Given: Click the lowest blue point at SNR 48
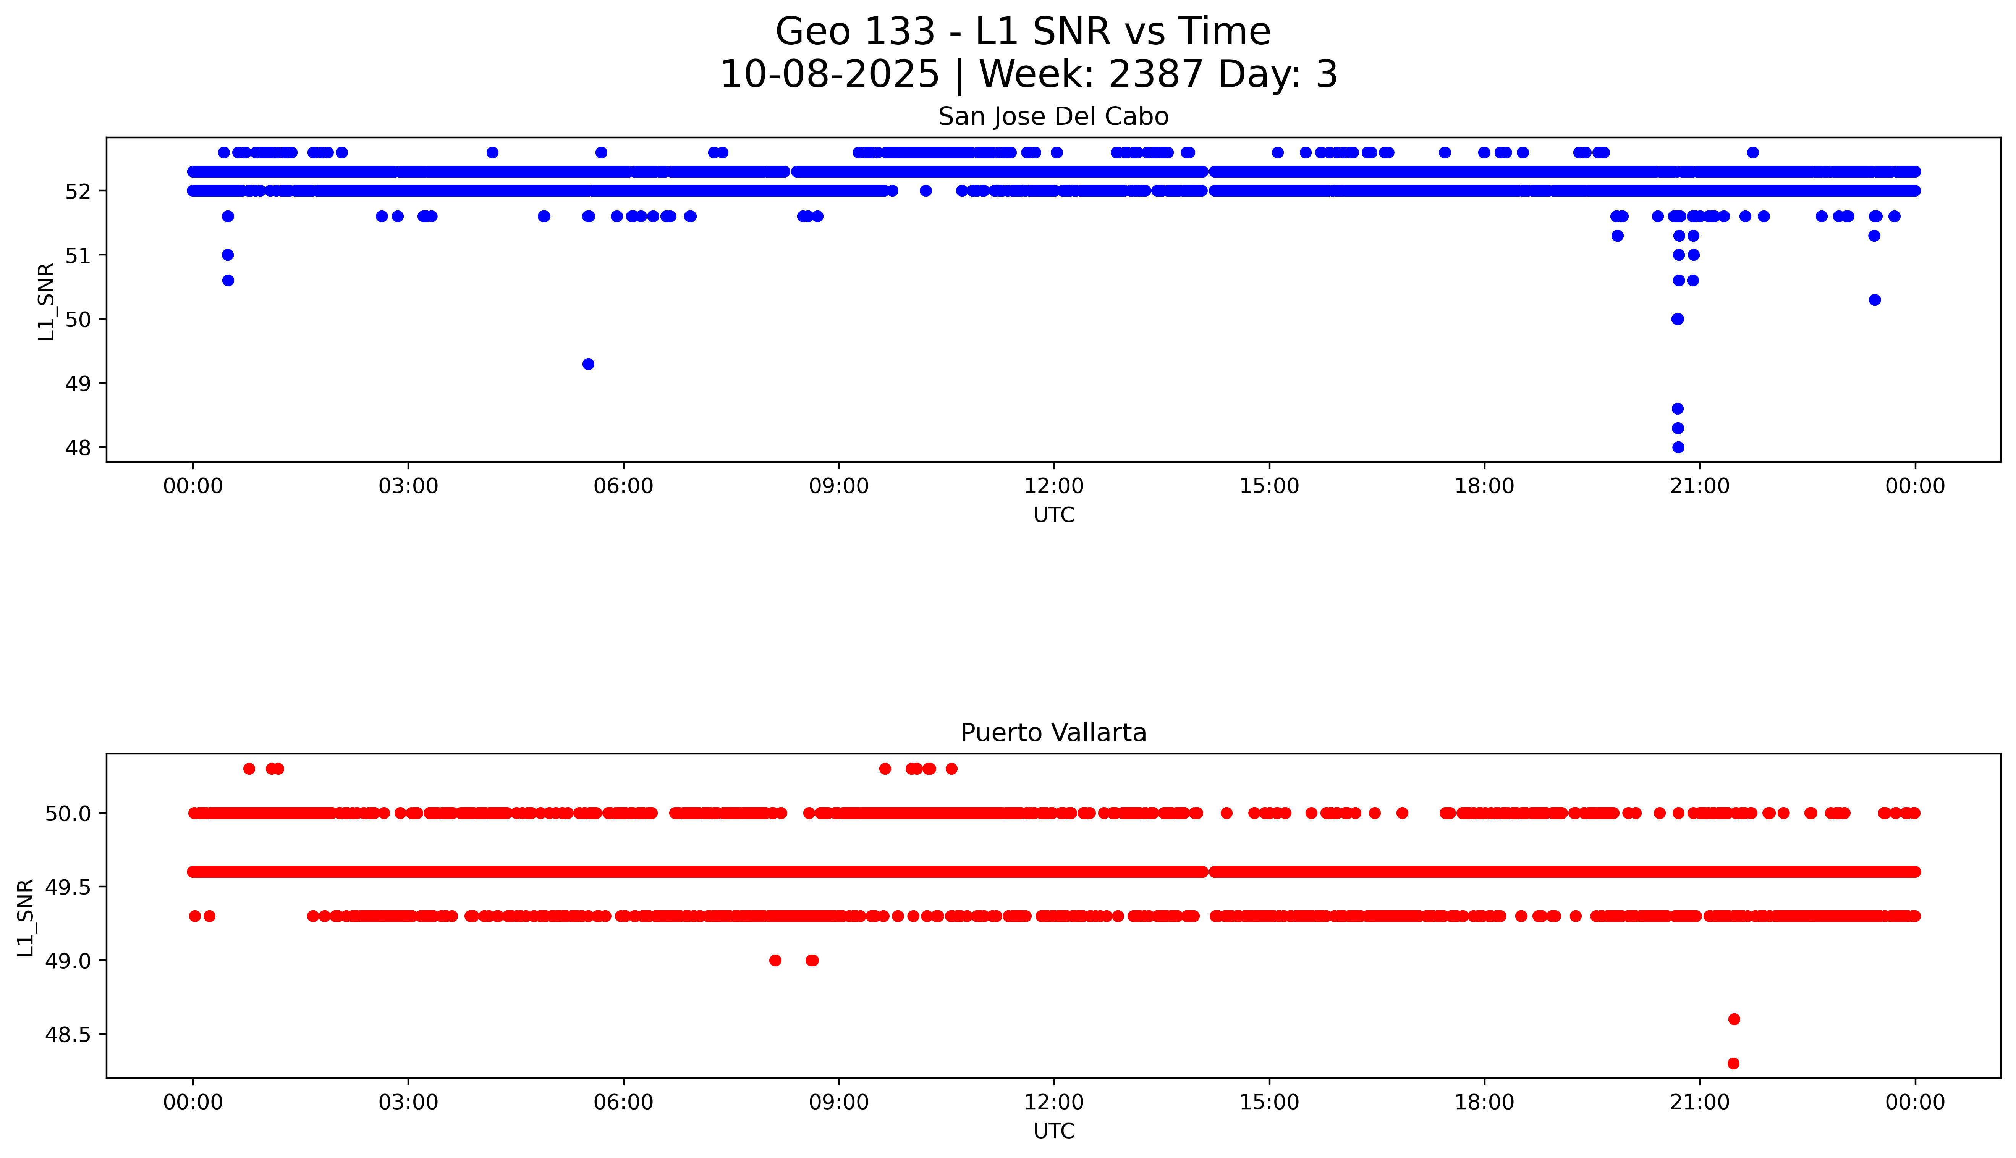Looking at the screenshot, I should pyautogui.click(x=1678, y=447).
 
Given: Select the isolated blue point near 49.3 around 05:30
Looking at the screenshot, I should pyautogui.click(x=588, y=364).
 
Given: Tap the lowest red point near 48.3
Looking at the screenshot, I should pyautogui.click(x=1734, y=1063).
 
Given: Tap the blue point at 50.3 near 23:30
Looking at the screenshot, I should pyautogui.click(x=1874, y=300).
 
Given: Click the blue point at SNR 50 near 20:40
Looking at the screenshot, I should pyautogui.click(x=1678, y=319).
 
